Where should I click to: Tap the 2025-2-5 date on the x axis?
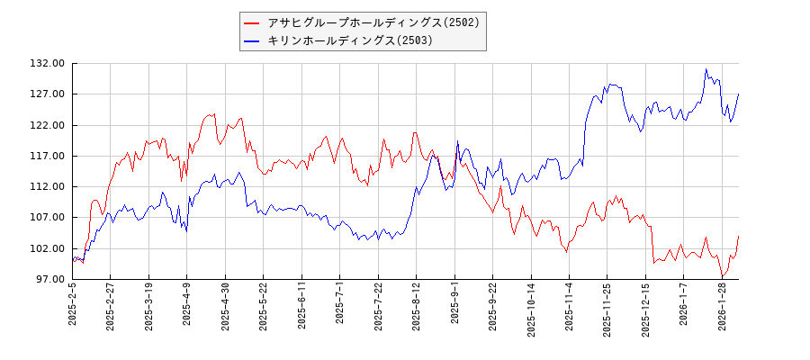[x=73, y=307]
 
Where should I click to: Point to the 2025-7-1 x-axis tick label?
[x=340, y=307]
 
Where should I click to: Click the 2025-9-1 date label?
[x=454, y=307]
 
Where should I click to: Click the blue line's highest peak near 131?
[x=706, y=69]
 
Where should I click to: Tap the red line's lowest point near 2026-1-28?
[x=722, y=276]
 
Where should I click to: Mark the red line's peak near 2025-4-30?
[x=214, y=114]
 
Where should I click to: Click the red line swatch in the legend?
[x=252, y=22]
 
